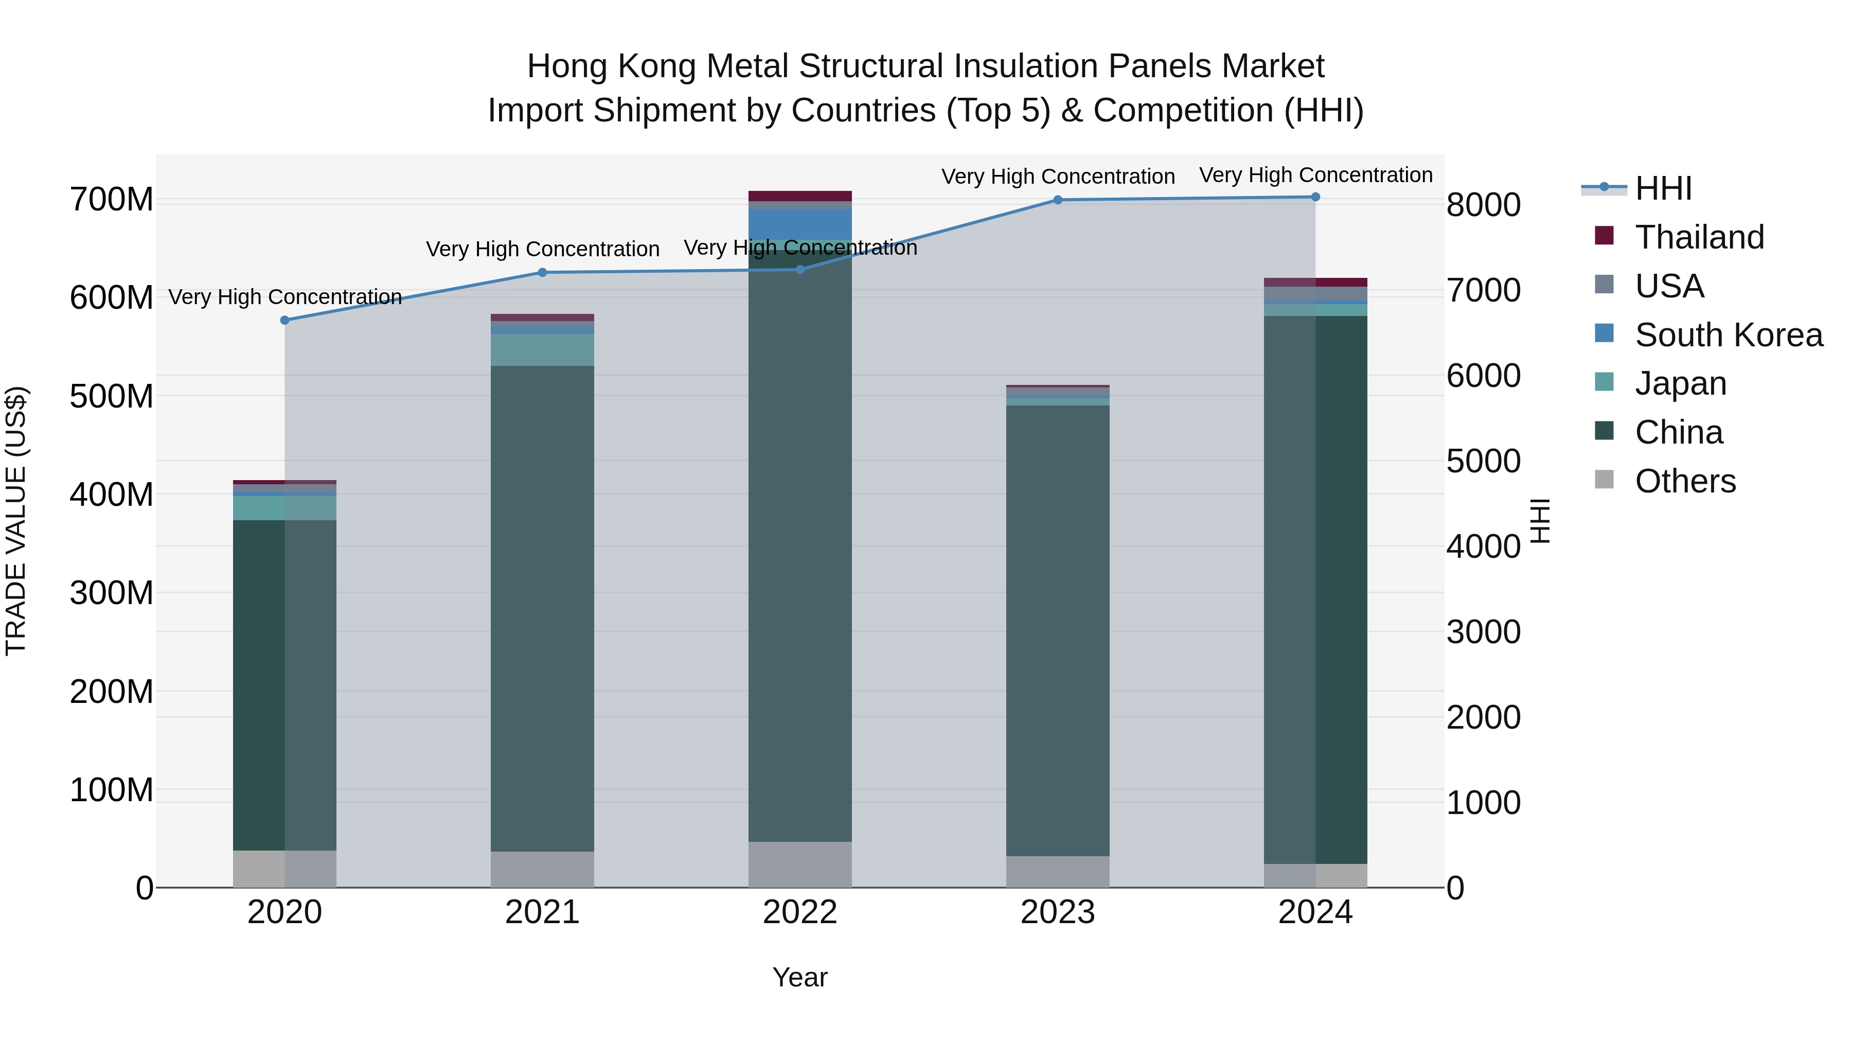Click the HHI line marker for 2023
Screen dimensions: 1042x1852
tap(1058, 200)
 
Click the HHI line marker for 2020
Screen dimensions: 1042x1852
tap(284, 320)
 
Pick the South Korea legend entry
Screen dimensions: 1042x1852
tap(1729, 335)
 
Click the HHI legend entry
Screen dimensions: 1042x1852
tap(1663, 188)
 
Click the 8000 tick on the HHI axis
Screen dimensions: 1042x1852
tap(1483, 205)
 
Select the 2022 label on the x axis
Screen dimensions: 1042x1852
tap(799, 912)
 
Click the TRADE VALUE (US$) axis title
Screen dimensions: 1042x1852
tap(16, 521)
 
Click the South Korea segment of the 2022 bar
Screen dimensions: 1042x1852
tap(799, 224)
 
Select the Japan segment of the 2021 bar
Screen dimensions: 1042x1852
tap(542, 349)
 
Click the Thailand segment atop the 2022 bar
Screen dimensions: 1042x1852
tap(799, 196)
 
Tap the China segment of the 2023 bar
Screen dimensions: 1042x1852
tap(1058, 629)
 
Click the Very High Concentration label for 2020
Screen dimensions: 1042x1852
tap(284, 297)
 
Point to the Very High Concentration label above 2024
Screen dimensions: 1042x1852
tap(1315, 175)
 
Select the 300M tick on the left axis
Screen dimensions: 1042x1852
tap(112, 593)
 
